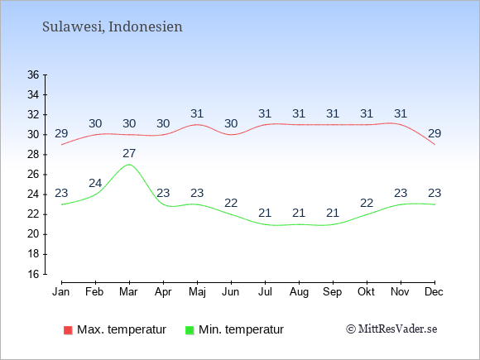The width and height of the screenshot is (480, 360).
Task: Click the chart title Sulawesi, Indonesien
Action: tap(112, 26)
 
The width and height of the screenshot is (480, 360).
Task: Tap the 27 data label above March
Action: tap(129, 153)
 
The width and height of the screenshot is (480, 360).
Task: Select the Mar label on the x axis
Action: tap(128, 292)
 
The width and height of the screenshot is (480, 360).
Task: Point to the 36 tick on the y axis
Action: tap(33, 74)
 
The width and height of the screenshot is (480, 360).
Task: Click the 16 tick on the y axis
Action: tap(33, 274)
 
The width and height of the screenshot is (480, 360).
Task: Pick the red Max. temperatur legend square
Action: tap(68, 330)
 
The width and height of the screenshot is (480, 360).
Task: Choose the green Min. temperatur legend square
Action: tap(190, 330)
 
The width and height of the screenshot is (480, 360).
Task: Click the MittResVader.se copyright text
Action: tap(391, 329)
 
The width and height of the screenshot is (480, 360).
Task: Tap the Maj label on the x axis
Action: tap(197, 292)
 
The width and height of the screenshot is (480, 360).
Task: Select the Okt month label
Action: tap(366, 292)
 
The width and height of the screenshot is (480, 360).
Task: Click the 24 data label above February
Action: tap(95, 183)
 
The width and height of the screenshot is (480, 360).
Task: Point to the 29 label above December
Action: tap(434, 133)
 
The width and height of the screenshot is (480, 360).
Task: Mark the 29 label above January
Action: tap(61, 133)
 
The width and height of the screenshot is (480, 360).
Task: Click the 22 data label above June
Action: tap(231, 203)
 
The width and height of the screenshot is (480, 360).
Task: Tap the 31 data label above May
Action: tap(197, 113)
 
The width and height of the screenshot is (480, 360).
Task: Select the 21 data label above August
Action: tap(299, 213)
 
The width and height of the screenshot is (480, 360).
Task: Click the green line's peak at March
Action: tap(129, 165)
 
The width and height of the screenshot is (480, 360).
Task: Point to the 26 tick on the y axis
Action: tap(33, 175)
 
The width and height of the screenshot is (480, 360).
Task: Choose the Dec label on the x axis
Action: tap(434, 292)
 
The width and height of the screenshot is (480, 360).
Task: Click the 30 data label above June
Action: tap(231, 123)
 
